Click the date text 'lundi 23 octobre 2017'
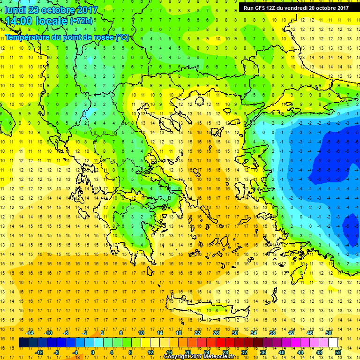point(52,10)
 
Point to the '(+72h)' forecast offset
point(81,22)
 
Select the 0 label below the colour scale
point(92,352)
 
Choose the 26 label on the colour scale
point(216,332)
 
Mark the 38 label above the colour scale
point(272,332)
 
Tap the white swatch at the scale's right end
point(333,343)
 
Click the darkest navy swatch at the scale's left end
point(24,343)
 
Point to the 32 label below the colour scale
point(244,352)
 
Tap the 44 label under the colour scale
point(300,352)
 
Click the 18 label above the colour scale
point(178,332)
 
